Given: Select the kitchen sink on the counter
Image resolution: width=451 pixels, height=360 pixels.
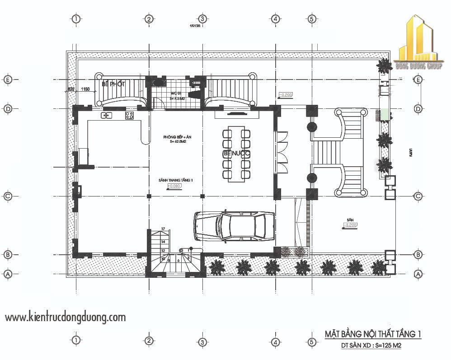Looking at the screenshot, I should coord(107,116).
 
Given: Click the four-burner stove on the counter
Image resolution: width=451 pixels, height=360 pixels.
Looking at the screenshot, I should coord(129,115).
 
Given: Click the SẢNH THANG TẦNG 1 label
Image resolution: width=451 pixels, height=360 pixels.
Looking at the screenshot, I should coord(176,180).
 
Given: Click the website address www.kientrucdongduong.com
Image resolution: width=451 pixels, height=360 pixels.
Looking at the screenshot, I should coord(66,318).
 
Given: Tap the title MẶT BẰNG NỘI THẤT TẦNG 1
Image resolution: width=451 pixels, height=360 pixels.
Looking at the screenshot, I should coord(373,334).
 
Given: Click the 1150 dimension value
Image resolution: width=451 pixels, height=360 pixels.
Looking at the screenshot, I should coord(86,89).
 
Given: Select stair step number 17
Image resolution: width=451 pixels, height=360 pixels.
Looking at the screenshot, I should coord(163,229).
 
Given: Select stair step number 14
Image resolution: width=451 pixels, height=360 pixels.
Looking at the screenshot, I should coord(163,242).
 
